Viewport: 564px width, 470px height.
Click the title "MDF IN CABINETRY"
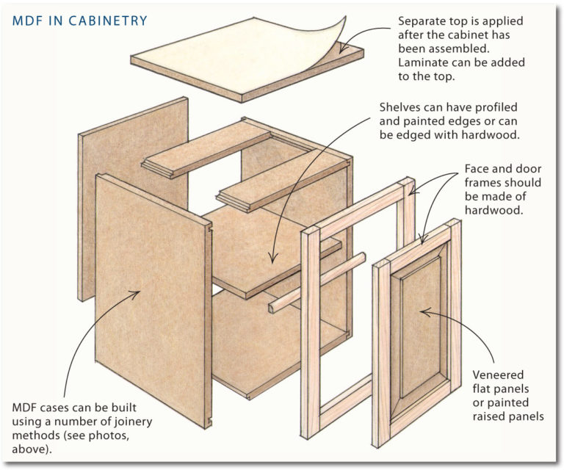point(80,21)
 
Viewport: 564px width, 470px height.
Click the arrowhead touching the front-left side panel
point(137,292)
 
